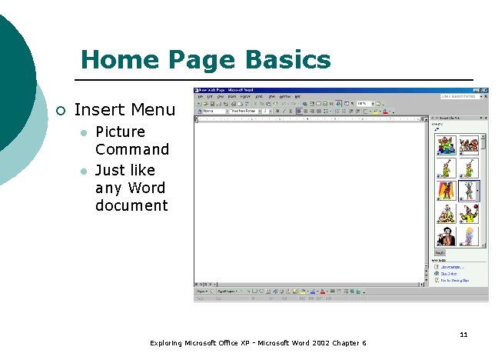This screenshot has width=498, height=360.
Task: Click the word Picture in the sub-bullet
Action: click(x=120, y=132)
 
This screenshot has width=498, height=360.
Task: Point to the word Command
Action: click(x=131, y=149)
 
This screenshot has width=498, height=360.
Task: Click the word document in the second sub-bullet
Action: click(x=131, y=205)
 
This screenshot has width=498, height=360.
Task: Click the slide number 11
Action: click(x=463, y=335)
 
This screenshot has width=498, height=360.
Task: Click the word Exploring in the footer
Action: click(x=166, y=342)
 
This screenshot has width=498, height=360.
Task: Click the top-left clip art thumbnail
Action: click(x=446, y=145)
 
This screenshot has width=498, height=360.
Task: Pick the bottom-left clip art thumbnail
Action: click(x=446, y=235)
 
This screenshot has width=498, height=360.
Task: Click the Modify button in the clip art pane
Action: click(x=440, y=252)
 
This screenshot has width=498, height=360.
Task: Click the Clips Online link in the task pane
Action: click(x=450, y=273)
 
